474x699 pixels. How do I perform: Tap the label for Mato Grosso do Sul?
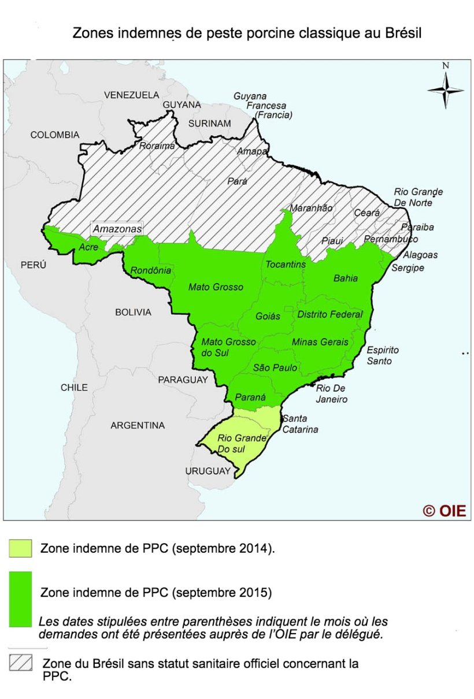tap(228, 347)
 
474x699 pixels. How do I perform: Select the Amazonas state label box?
tap(117, 229)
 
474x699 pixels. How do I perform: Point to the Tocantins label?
tap(285, 265)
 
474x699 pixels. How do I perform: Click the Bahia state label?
tap(346, 278)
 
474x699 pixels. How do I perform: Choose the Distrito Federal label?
tap(329, 314)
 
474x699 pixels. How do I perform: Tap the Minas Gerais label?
tap(320, 342)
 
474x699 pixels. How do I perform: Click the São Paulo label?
tap(275, 368)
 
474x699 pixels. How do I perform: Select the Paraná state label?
tap(250, 397)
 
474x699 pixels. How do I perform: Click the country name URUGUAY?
tap(208, 472)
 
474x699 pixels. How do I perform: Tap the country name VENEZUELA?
tap(131, 95)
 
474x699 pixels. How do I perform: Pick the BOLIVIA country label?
tap(133, 313)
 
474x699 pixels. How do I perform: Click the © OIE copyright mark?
tap(444, 511)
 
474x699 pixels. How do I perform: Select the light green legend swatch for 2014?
tap(20, 548)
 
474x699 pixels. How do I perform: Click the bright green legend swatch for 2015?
tap(20, 599)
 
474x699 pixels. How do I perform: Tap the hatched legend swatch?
tap(20, 662)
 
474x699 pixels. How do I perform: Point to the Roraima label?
tap(157, 146)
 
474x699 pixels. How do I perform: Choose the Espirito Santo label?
tap(383, 356)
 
